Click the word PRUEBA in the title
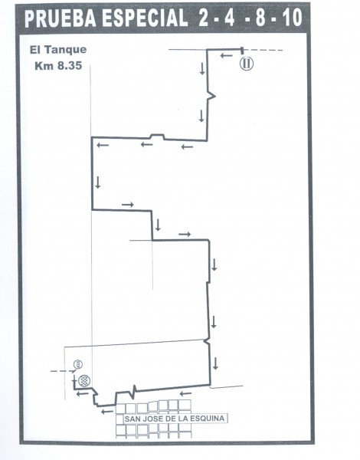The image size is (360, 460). [x=61, y=18]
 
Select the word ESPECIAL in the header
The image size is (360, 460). [x=144, y=18]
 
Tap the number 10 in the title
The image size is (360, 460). [x=293, y=18]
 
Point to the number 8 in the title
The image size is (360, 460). [x=260, y=18]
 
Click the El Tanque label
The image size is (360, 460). [x=58, y=50]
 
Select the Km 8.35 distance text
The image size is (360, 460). [x=58, y=66]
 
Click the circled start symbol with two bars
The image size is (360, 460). [x=247, y=64]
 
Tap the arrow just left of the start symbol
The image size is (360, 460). [x=226, y=55]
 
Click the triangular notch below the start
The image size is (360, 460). [x=211, y=95]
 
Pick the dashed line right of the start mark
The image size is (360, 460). [x=263, y=50]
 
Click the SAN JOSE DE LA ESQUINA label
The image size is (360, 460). [x=175, y=419]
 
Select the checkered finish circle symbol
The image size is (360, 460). [x=85, y=380]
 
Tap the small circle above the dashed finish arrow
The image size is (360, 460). [x=78, y=364]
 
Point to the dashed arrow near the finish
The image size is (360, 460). [x=64, y=371]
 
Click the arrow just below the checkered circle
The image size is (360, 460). [x=83, y=394]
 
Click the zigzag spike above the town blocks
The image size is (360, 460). [x=134, y=392]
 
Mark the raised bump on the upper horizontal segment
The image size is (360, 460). [x=157, y=136]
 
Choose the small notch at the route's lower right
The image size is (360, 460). [x=208, y=341]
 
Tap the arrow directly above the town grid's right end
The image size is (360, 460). [x=185, y=393]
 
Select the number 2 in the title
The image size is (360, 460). [x=203, y=18]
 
